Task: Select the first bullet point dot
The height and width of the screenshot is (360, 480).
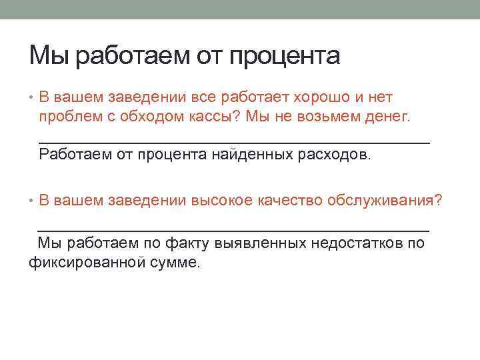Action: (x=32, y=97)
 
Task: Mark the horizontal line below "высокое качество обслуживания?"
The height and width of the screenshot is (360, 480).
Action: (x=234, y=229)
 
